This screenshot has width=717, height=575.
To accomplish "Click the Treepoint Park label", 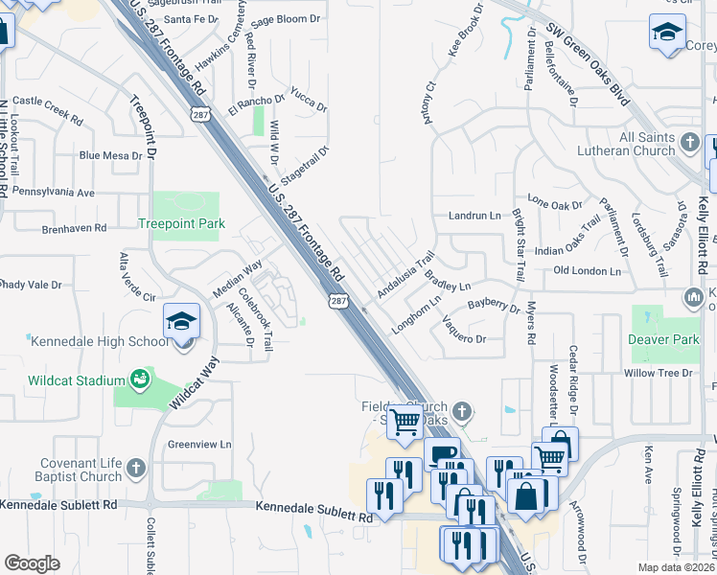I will click(x=181, y=223).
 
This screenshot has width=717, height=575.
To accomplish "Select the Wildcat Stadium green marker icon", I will click(x=140, y=379).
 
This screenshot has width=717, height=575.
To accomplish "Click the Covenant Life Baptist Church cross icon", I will click(x=136, y=468).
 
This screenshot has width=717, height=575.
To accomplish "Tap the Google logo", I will click(x=32, y=563).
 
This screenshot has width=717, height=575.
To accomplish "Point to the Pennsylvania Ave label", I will click(x=54, y=193).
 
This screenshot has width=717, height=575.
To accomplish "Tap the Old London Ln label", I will click(x=588, y=271).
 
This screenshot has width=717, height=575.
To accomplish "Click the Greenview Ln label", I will click(x=199, y=445).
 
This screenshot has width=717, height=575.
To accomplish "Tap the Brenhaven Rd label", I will click(x=73, y=228).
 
